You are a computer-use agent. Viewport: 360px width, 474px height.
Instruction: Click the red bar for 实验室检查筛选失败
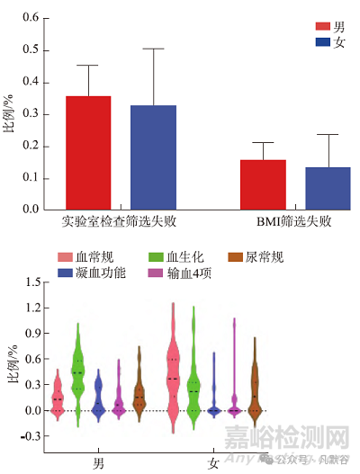point(88,153)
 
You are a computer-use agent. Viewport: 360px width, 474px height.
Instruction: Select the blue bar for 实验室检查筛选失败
point(153,157)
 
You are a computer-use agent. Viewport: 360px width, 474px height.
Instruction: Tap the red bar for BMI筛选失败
point(263,184)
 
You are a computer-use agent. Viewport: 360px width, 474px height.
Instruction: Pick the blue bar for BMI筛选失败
point(328,188)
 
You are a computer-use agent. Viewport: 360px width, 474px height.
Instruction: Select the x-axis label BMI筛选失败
point(294,221)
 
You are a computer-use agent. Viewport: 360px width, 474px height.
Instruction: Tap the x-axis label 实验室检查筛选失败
point(121,221)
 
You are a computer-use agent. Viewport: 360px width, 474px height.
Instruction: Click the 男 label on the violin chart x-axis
point(98,463)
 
